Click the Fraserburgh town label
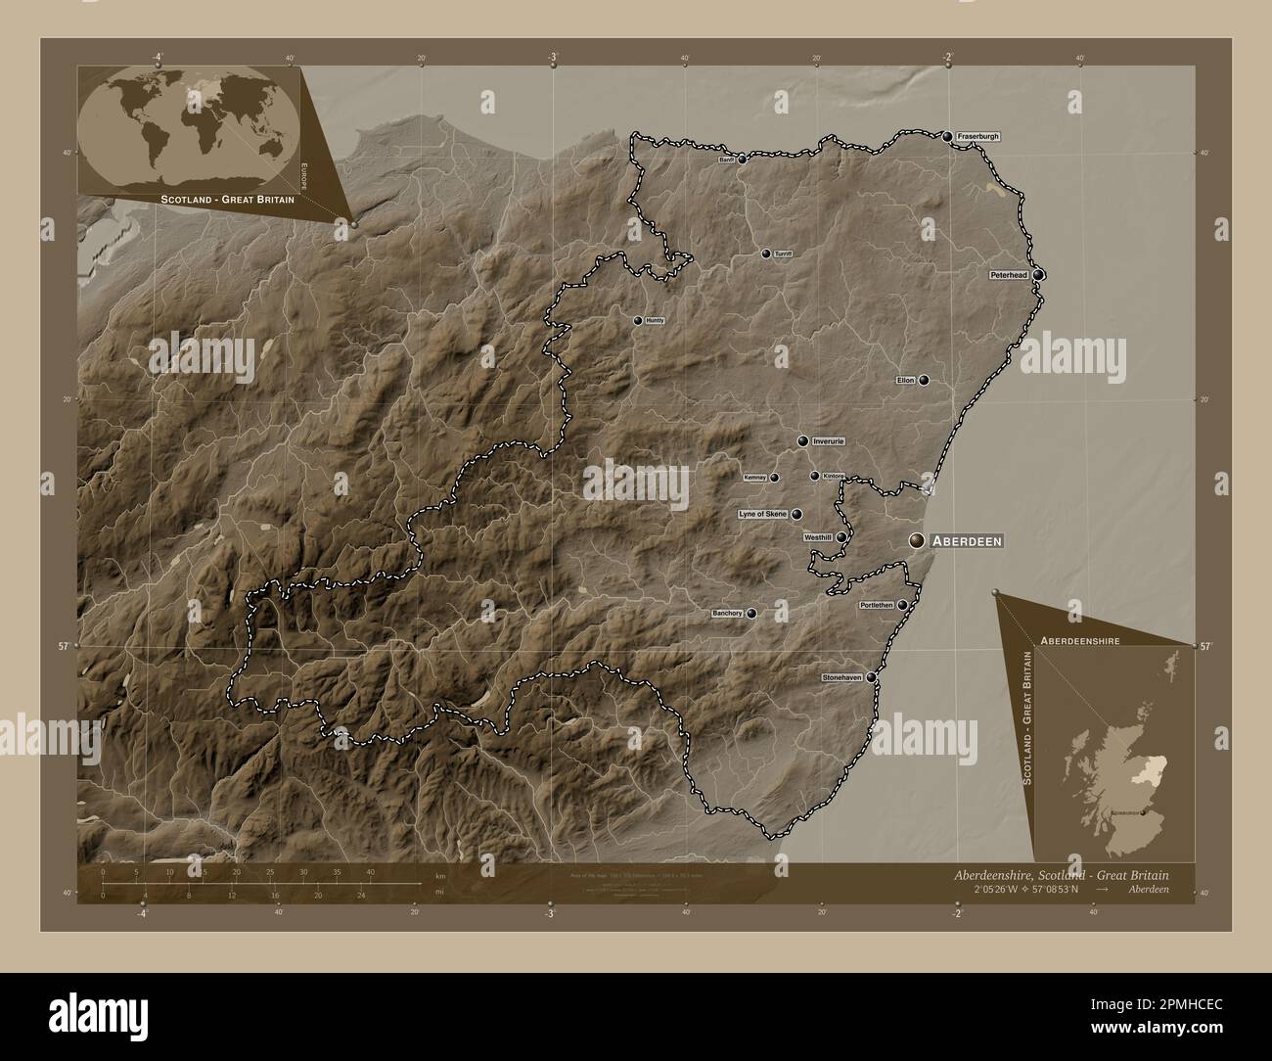(x=977, y=137)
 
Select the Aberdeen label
(x=966, y=540)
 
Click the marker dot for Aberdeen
(x=917, y=540)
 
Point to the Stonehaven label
(x=842, y=676)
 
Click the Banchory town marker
(x=751, y=614)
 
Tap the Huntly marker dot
(x=638, y=321)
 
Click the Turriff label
(x=782, y=254)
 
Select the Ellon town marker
(x=923, y=380)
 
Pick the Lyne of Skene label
(x=762, y=514)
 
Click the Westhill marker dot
(x=840, y=537)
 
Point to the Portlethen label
(x=876, y=606)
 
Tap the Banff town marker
(x=742, y=159)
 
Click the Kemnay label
(x=754, y=478)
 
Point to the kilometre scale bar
(x=236, y=884)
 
